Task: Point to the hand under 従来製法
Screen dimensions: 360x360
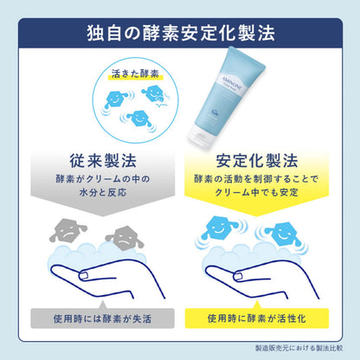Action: tap(95, 277)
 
